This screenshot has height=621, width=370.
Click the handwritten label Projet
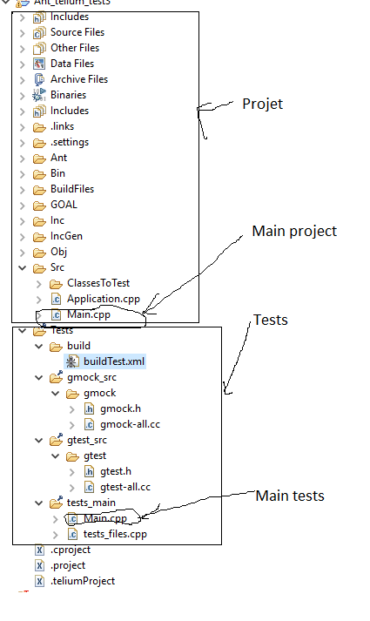point(262,104)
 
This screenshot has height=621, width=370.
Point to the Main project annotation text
point(293,232)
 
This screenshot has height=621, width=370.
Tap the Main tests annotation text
point(289,496)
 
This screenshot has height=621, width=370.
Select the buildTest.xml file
point(113,361)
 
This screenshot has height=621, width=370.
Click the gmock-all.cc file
point(131,424)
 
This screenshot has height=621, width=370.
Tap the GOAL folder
point(64,205)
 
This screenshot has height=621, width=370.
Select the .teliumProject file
point(82,581)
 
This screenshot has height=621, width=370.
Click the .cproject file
point(70,550)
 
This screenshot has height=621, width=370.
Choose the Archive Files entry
point(78,79)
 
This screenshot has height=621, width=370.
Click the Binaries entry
point(68,95)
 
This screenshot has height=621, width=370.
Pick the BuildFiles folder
point(71,189)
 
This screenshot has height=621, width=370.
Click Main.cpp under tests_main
point(104,518)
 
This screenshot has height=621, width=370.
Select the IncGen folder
point(66,236)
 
